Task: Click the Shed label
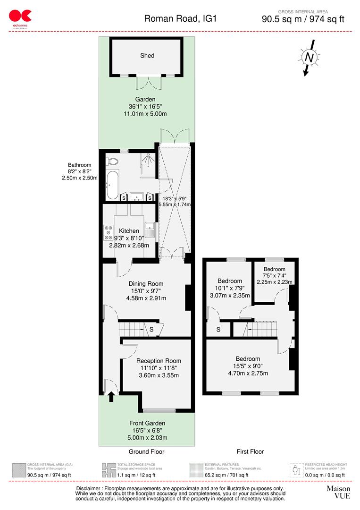coord(147,56)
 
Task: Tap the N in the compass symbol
coord(309,57)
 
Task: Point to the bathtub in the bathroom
coord(112,185)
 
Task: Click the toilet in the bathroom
coord(111,161)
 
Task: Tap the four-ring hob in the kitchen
coord(107,232)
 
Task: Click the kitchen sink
coord(150,230)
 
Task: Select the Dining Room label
coord(146,284)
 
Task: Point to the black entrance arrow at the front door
coord(111,397)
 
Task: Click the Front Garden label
coord(146,423)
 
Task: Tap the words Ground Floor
coord(146,452)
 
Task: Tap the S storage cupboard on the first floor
coord(218,330)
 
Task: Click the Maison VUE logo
coord(338,492)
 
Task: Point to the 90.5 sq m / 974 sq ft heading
coord(303,19)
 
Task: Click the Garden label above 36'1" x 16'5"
coord(145,100)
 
